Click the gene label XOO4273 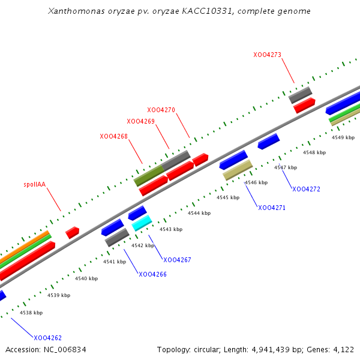267,55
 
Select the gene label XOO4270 161,110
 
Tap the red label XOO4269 140,121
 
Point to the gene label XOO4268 113,136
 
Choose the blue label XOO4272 306,189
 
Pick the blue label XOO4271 272,208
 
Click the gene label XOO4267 177,260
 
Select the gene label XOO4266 152,274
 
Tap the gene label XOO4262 47,338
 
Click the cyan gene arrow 142,223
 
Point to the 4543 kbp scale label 170,229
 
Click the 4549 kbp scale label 343,137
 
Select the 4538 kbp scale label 31,313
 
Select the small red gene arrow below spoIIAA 73,232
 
